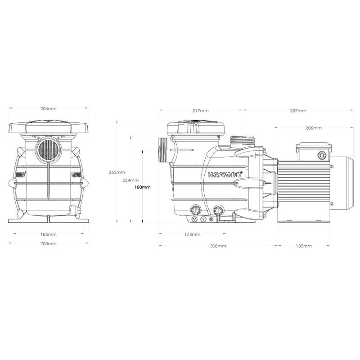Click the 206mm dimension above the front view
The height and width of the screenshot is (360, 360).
pos(48,109)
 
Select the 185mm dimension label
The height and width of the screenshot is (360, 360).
pos(48,234)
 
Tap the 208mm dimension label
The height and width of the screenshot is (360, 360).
pos(48,244)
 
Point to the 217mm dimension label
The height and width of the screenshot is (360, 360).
pos(200,111)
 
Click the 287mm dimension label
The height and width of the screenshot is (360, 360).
pos(298,111)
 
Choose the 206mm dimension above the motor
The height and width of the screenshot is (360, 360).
pos(314,128)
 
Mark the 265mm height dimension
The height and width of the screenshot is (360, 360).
pos(115,172)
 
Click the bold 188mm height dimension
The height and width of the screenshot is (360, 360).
pos(143,187)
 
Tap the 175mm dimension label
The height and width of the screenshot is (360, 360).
pos(192,234)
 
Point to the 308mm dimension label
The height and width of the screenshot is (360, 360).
pos(218,246)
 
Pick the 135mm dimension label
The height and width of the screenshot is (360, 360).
pos(304,246)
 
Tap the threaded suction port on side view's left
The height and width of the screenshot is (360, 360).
pos(163,149)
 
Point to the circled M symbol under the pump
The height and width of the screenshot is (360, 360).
pos(195,219)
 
